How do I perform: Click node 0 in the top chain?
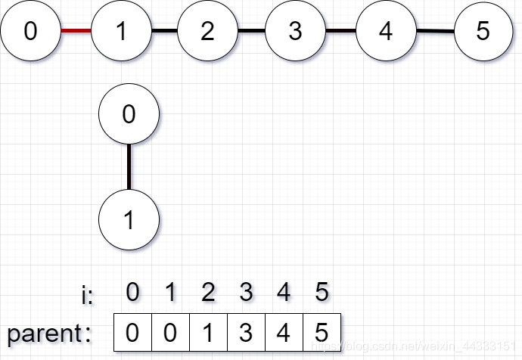tap(30, 31)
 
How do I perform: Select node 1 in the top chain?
tap(121, 31)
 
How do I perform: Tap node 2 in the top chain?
tap(207, 31)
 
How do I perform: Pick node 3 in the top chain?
tap(295, 31)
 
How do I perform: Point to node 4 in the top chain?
tap(386, 31)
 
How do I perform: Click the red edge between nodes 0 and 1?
tap(76, 31)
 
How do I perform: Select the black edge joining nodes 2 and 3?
tap(251, 31)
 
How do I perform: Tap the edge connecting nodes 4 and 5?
tap(435, 31)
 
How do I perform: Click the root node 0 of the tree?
tap(129, 114)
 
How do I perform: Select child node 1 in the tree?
tap(129, 220)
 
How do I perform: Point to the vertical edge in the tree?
tap(129, 167)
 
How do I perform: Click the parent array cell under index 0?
tap(132, 333)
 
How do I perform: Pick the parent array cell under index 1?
tap(170, 333)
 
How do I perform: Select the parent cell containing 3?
tap(246, 333)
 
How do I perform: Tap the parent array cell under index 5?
tap(322, 333)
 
